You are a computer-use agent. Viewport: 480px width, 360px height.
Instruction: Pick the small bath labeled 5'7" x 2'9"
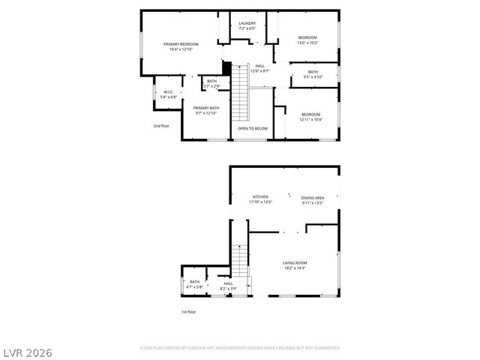point(211,84)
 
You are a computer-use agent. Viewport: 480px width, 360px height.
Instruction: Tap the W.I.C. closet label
point(169,94)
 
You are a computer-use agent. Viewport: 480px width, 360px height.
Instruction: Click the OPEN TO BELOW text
point(253,128)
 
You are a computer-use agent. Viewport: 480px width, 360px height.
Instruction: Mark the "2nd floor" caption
point(161,126)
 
